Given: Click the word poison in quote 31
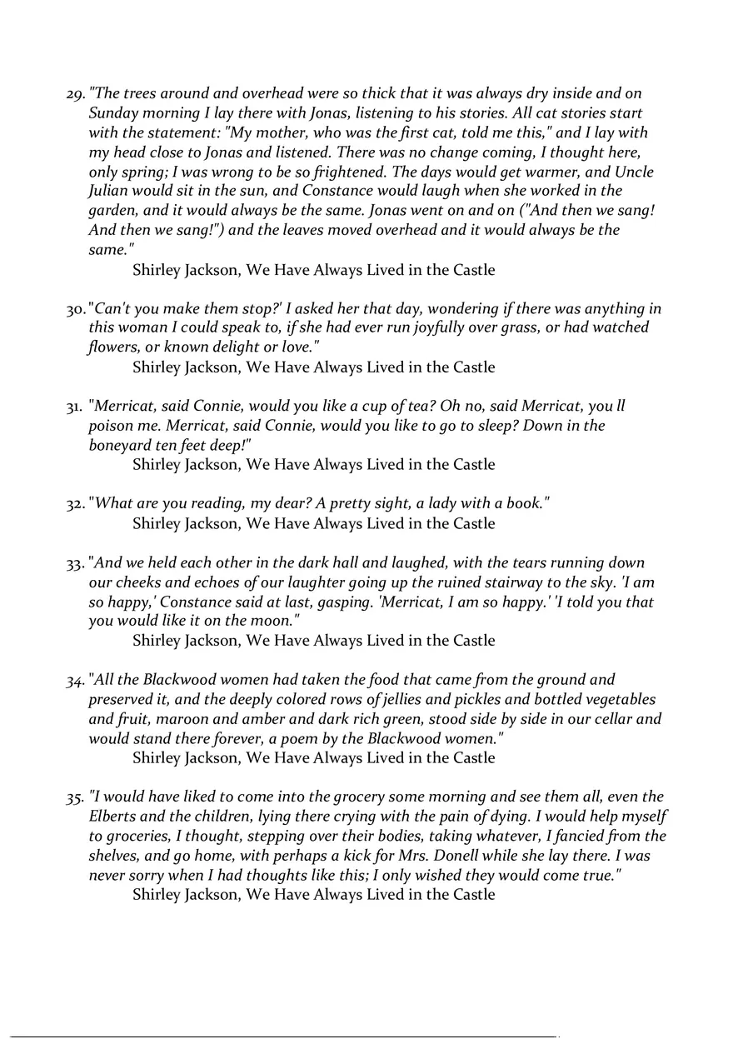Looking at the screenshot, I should [112, 426].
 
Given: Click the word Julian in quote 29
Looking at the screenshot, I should [111, 192].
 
